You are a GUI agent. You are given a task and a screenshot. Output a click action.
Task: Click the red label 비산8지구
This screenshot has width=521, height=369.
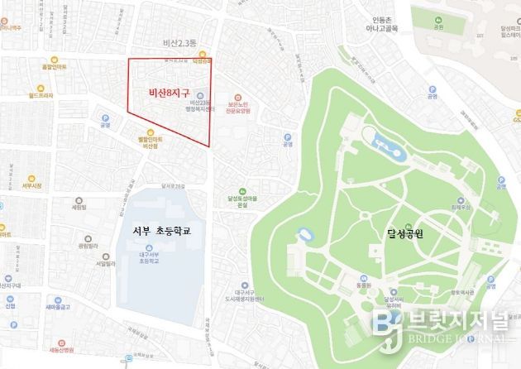168,94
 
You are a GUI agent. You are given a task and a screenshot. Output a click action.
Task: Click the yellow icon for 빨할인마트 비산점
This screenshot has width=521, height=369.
150,132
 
